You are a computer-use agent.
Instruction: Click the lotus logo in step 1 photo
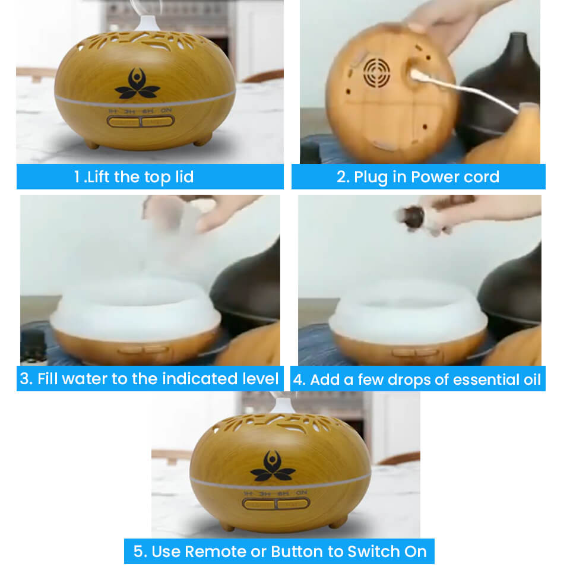(137, 84)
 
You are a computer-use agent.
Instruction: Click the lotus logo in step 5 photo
(273, 467)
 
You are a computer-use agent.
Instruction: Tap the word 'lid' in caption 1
(182, 176)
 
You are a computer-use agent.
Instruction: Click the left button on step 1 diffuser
(123, 122)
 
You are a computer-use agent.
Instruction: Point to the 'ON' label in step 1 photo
(166, 110)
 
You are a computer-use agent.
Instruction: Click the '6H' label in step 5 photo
(284, 493)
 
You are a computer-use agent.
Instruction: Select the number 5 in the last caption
(138, 551)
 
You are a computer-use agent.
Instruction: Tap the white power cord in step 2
(469, 92)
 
